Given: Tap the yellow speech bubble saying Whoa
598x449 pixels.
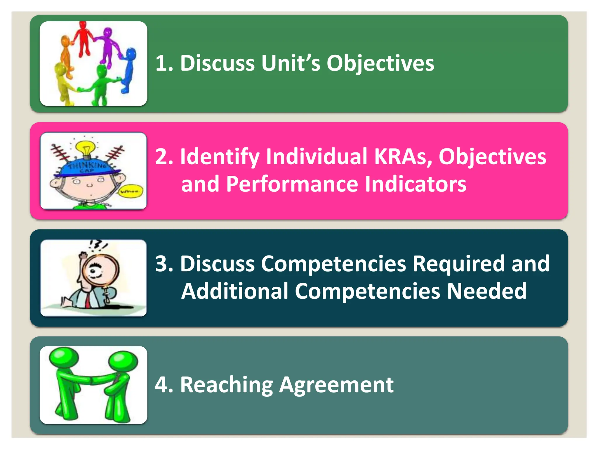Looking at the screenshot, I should pyautogui.click(x=132, y=191).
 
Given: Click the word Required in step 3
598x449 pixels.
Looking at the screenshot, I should pyautogui.click(x=458, y=264).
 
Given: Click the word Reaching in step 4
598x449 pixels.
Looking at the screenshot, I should pyautogui.click(x=227, y=385).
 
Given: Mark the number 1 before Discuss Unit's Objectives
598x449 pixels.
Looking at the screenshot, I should pyautogui.click(x=161, y=63).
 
